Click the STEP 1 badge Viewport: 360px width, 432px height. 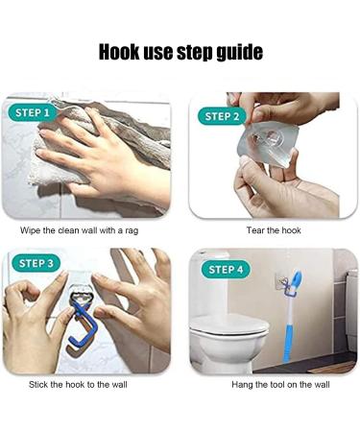point(33,112)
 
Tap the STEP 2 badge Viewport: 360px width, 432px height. point(222,116)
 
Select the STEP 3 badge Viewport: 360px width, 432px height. point(36,263)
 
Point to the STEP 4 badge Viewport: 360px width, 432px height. point(226,270)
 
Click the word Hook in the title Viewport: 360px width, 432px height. point(119,52)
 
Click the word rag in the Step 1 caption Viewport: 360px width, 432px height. point(132,231)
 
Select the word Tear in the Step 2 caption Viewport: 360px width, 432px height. point(254,230)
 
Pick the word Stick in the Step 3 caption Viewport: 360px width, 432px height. point(37,384)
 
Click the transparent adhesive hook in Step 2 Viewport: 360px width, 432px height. point(267,143)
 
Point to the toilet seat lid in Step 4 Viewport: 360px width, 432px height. point(229,324)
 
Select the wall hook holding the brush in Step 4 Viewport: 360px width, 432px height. point(283,283)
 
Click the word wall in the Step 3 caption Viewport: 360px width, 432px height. point(119,384)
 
